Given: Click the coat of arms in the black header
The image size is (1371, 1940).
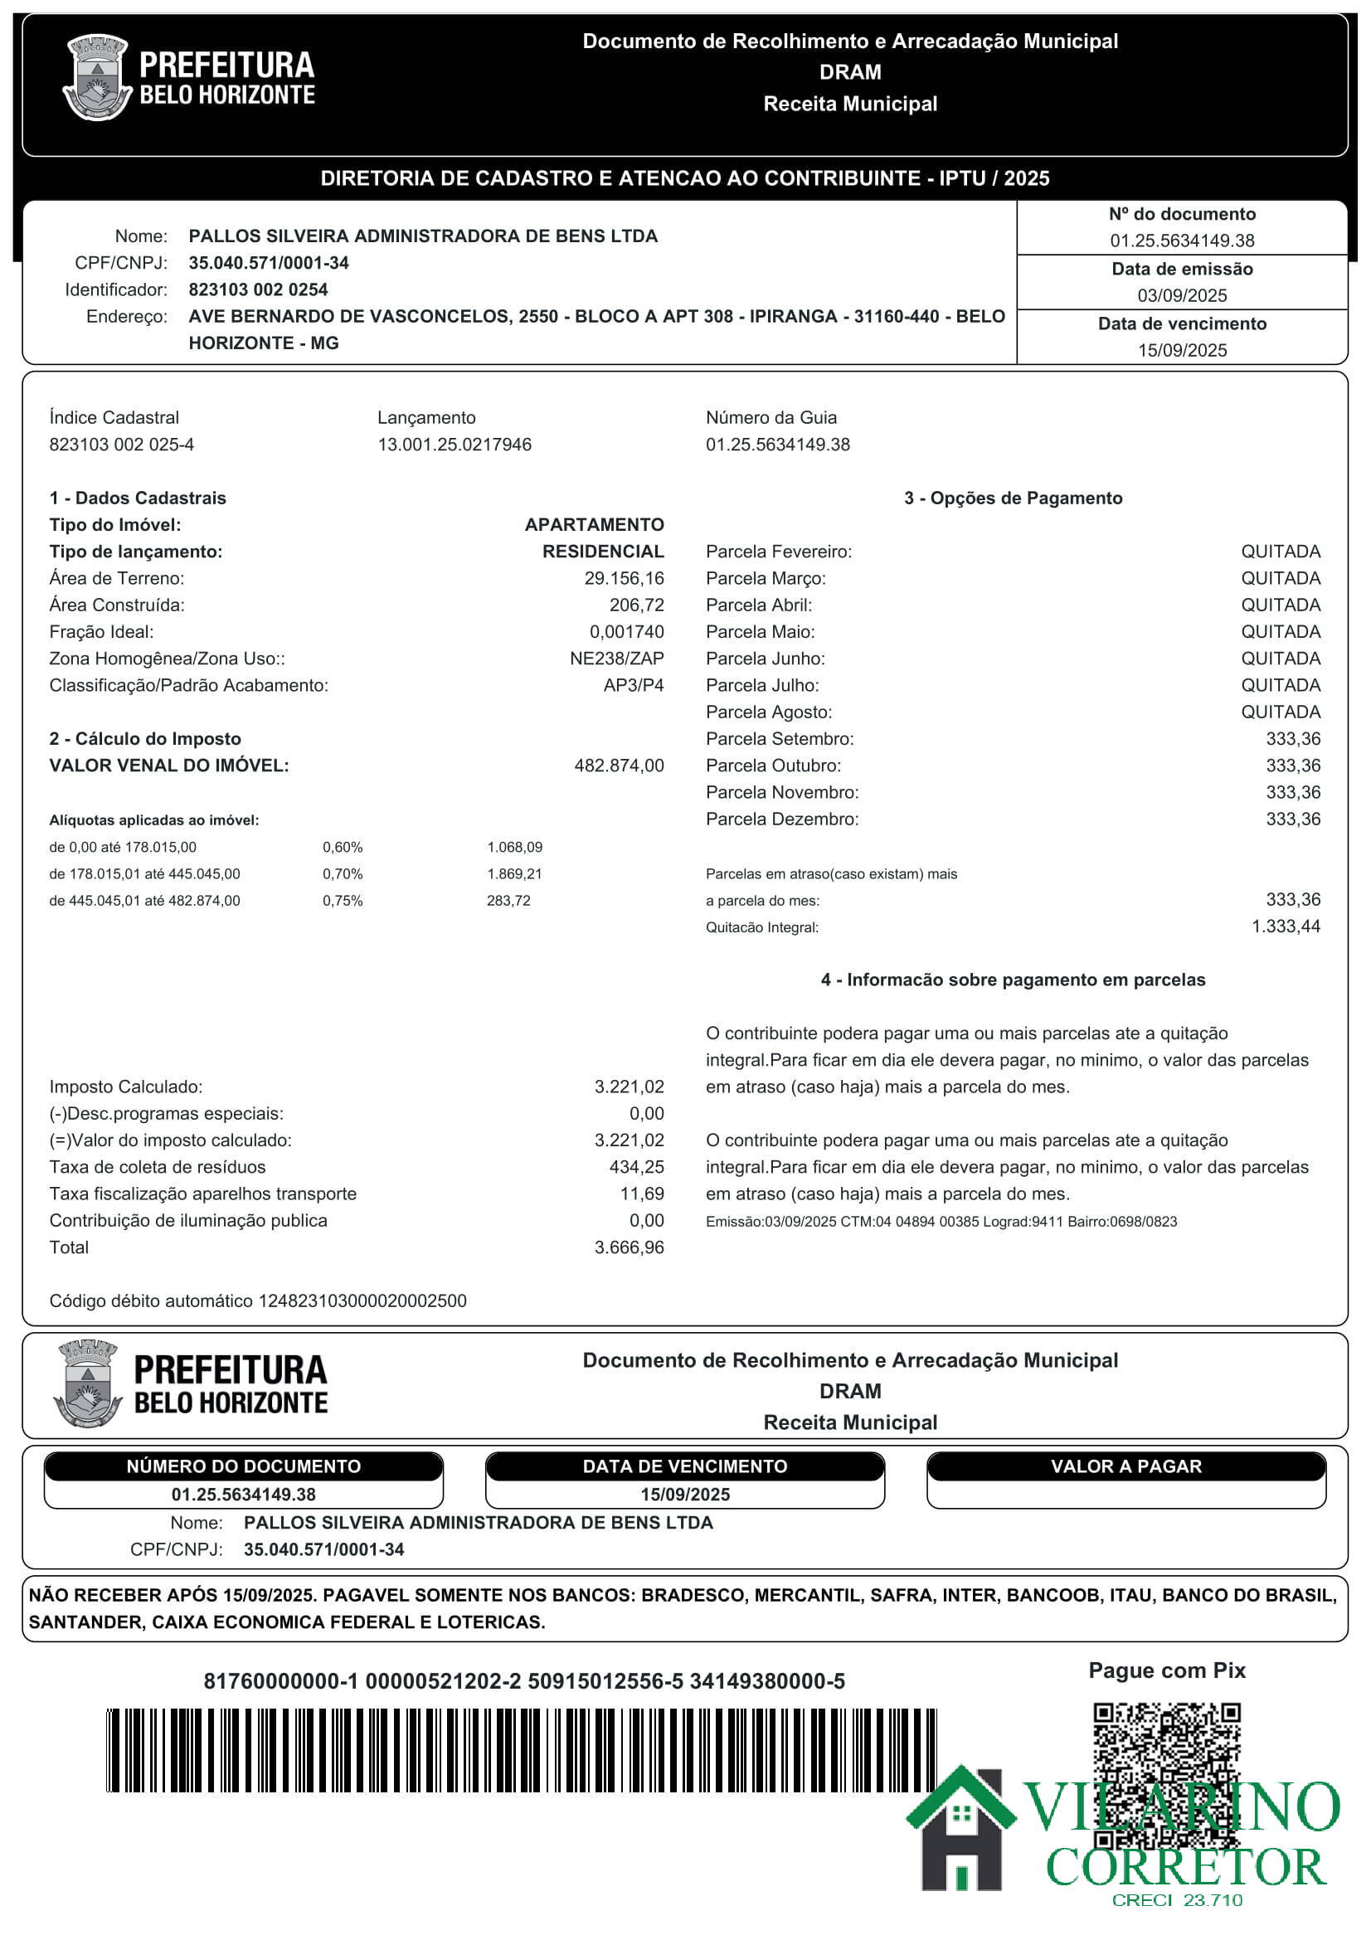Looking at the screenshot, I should coord(97,77).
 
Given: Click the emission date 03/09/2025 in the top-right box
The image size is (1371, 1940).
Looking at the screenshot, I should coord(1181,296).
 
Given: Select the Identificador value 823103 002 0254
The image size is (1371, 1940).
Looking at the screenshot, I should coord(258,289).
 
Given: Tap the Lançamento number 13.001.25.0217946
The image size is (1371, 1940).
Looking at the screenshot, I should coord(455,445).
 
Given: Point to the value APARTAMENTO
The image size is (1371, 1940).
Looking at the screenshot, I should coord(594,525).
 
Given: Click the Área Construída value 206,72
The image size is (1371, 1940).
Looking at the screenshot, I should coord(636,605).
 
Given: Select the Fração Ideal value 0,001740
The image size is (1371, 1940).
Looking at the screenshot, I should coord(626,632).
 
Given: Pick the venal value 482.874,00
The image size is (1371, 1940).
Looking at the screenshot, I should coord(619,766).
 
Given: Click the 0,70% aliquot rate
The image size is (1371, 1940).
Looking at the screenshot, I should coord(342,873).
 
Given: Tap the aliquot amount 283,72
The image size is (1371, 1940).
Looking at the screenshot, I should coord(508,901).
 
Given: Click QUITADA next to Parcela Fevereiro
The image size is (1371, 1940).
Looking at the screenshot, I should coord(1280,552).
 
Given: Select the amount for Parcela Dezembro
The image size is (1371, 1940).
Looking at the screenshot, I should coord(1292,819).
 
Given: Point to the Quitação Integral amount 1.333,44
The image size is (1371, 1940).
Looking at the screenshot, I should coord(1285,926).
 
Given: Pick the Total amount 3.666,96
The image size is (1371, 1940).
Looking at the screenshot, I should coord(629,1247).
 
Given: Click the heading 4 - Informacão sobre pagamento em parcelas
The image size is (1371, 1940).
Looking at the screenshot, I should coord(1012,980).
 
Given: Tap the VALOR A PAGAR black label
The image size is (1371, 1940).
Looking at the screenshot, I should coord(1125,1466).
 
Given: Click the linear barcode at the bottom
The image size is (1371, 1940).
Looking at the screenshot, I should coord(520,1749).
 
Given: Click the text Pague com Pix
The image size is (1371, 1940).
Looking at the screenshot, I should coord(1167,1670).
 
